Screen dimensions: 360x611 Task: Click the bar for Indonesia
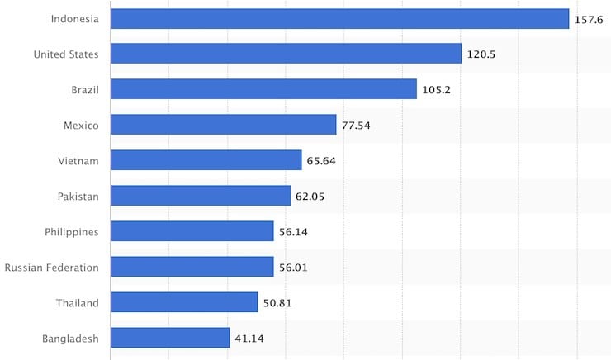(339, 19)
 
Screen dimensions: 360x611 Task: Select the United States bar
(286, 54)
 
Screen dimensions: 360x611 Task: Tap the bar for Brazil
(263, 89)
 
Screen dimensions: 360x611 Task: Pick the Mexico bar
(224, 125)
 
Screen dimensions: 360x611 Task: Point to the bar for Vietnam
(206, 160)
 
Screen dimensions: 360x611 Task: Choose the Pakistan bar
(201, 196)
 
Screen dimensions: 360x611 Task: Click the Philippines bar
(192, 231)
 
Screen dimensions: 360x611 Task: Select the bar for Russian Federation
(192, 267)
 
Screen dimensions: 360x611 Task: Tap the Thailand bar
(184, 302)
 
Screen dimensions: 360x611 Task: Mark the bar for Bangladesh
(170, 338)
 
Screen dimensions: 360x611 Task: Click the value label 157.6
(590, 20)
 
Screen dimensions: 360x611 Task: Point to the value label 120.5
(482, 54)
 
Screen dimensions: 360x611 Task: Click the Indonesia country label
(74, 19)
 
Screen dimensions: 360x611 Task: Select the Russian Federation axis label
(51, 267)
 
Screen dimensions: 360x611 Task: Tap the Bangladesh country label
(70, 338)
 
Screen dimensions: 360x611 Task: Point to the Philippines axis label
(71, 231)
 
